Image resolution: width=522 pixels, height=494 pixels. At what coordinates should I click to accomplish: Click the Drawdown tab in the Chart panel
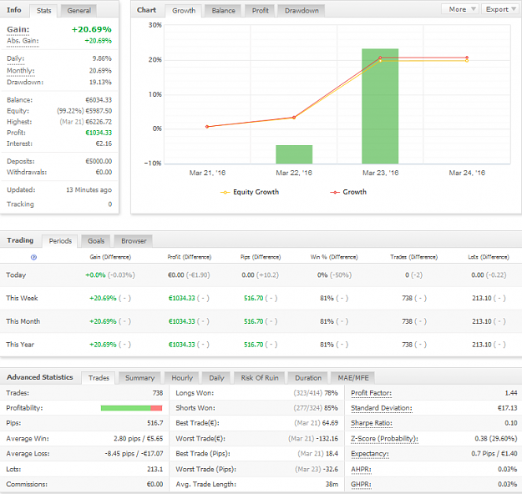pos(302,11)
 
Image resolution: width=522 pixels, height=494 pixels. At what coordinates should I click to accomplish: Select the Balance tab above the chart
pos(223,11)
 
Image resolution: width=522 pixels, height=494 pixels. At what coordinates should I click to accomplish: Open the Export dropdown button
pos(500,9)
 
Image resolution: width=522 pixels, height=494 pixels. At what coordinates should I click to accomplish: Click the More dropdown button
pos(460,9)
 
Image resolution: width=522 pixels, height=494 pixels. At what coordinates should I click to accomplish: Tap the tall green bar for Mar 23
pos(380,106)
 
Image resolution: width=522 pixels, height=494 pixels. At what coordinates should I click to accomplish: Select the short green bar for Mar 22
pos(294,154)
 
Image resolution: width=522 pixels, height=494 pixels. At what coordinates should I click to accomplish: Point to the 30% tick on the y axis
pos(155,25)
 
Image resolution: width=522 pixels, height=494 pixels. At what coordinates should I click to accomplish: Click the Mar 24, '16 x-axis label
pos(467,173)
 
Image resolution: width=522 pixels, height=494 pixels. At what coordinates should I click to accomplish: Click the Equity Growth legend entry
pos(250,192)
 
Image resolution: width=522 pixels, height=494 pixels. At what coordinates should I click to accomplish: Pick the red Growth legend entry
pos(348,192)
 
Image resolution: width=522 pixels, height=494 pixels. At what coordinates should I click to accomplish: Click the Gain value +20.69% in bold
pos(92,29)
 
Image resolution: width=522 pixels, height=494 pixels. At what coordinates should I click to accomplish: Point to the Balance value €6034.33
pos(99,100)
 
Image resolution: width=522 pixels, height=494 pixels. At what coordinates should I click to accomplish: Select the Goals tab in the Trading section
pos(96,241)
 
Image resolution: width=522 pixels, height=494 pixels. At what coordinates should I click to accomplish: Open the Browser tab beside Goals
pos(134,241)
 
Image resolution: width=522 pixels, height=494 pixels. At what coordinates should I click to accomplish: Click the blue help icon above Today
pos(33,257)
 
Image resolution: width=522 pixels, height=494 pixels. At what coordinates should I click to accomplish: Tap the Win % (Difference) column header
pos(334,257)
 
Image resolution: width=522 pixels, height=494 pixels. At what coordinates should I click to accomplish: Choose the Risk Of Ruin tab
pos(260,378)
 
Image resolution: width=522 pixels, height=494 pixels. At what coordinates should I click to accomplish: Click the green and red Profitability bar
pos(131,408)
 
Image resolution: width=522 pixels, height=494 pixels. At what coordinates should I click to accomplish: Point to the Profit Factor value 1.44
pos(511,393)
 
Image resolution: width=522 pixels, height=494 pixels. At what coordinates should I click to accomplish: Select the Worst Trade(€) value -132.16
pos(327,438)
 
